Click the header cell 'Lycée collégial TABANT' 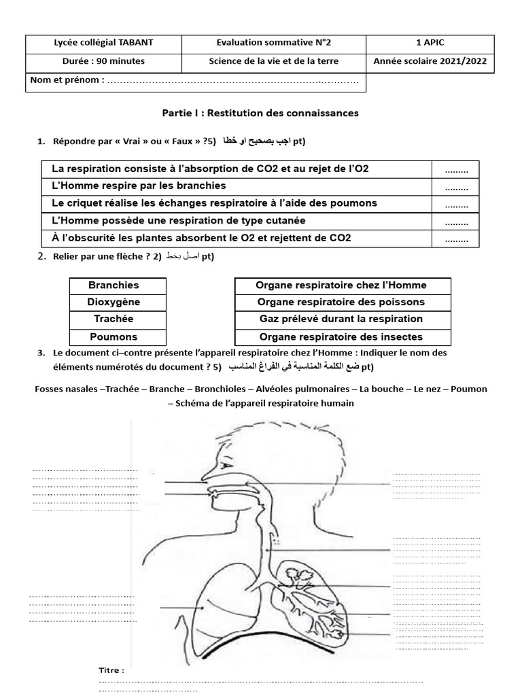coord(103,43)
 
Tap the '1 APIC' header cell coord(430,43)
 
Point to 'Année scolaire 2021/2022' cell coord(430,61)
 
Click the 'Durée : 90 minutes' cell coord(103,61)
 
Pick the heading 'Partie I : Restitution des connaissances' coord(260,112)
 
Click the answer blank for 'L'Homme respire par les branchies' coord(456,186)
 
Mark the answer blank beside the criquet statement coord(456,204)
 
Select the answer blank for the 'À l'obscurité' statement coord(456,239)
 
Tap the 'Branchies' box coord(113,285)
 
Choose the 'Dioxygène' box coord(113,302)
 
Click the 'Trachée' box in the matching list coord(113,319)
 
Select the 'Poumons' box coord(113,337)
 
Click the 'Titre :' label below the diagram coord(112,671)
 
